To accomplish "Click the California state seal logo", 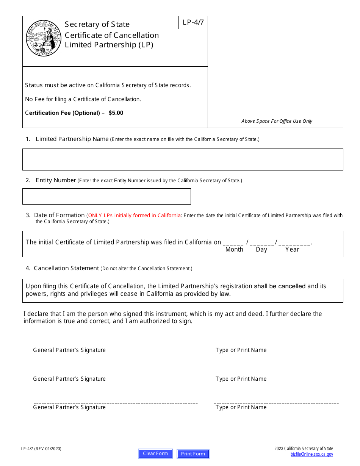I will point(44,38).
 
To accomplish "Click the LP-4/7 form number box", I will point(193,22).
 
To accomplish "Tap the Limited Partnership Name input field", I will point(183,159).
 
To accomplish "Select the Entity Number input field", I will point(106,196).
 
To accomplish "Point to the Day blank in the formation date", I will point(261,243).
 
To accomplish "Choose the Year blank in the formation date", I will point(294,243).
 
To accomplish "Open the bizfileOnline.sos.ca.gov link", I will point(311,454).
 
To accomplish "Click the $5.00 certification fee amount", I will point(116,113).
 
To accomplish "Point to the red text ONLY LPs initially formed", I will point(134,216).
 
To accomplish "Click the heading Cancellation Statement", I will point(66,268).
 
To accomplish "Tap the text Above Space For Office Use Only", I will point(277,121).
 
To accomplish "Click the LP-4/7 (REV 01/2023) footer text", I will point(41,449).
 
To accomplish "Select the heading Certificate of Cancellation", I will point(112,35).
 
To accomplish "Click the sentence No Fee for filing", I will point(83,99).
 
